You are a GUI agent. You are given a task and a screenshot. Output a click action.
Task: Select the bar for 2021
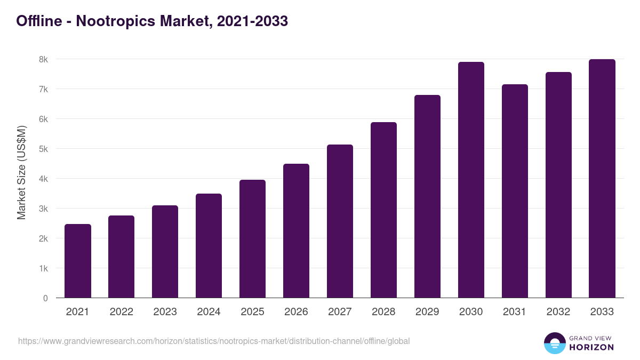(78, 261)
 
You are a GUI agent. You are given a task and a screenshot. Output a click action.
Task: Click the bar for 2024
(209, 246)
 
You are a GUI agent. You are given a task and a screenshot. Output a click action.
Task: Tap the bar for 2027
(340, 221)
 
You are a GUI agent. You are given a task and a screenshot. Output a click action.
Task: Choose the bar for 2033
(602, 179)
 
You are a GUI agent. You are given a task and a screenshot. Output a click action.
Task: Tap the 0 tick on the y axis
(46, 298)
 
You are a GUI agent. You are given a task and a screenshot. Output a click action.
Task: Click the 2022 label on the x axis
(122, 312)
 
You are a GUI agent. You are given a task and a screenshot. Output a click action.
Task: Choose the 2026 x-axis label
(296, 312)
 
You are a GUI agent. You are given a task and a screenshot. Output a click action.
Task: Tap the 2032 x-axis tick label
(558, 312)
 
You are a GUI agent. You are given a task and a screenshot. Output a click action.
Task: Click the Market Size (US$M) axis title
(21, 172)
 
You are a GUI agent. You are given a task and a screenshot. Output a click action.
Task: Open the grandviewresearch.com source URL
(214, 341)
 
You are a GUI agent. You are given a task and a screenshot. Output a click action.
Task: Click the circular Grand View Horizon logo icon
(555, 343)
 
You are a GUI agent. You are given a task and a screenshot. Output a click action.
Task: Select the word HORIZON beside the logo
(592, 347)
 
